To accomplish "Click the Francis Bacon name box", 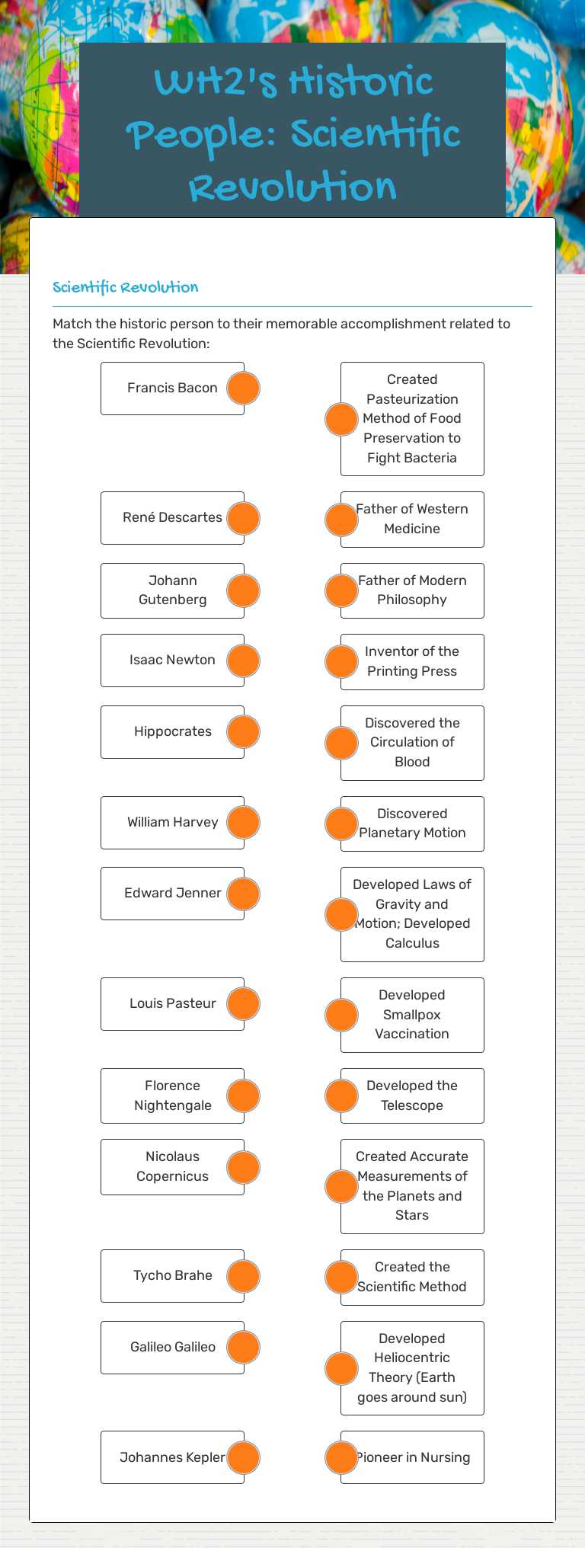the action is point(172,388).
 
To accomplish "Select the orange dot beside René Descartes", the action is point(244,518).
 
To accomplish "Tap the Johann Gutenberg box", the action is point(172,590).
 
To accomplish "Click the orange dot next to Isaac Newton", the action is point(244,660).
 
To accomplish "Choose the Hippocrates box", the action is point(172,731).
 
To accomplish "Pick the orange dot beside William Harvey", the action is point(244,822).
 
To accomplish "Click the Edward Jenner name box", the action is point(172,893).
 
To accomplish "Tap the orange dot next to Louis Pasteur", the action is point(244,1003).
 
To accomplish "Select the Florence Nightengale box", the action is point(172,1095).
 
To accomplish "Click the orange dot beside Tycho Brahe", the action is point(244,1276).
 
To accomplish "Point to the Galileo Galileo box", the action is point(172,1347).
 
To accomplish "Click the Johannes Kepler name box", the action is point(172,1457).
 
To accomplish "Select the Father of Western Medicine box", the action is point(412,519).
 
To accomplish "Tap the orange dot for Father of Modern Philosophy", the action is point(341,590).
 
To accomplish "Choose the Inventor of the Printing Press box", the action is point(412,661).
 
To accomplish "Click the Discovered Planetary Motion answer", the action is point(412,824).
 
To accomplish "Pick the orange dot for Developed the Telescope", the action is point(341,1095).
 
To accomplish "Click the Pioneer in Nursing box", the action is point(412,1457).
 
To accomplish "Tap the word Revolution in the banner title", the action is point(293,187).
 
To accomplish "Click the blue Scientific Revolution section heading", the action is point(126,287).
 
